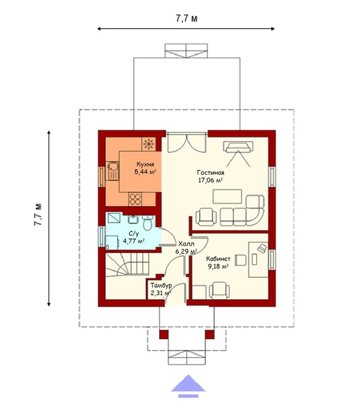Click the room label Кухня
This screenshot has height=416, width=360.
pyautogui.click(x=145, y=164)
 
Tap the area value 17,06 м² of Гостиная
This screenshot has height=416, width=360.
pyautogui.click(x=210, y=181)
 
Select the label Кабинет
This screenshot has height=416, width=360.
pyautogui.click(x=218, y=259)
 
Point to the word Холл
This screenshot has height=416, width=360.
pyautogui.click(x=186, y=244)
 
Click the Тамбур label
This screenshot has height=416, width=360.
pyautogui.click(x=161, y=286)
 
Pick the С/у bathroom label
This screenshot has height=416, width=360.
pyautogui.click(x=134, y=234)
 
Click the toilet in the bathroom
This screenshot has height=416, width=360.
pyautogui.click(x=148, y=223)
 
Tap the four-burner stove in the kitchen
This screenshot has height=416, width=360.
pyautogui.click(x=135, y=199)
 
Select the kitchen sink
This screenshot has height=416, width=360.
pyautogui.click(x=112, y=171)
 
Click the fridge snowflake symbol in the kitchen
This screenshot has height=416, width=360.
pyautogui.click(x=149, y=144)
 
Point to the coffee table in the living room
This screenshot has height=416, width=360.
pyautogui.click(x=227, y=196)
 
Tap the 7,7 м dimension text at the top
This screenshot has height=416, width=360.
pyautogui.click(x=187, y=19)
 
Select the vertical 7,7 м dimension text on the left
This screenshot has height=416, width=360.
pyautogui.click(x=38, y=215)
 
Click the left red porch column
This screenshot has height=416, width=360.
pyautogui.click(x=164, y=334)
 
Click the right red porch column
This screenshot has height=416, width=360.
pyautogui.click(x=209, y=334)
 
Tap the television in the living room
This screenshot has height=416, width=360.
pyautogui.click(x=238, y=146)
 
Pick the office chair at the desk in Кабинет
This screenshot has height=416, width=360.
pyautogui.click(x=240, y=261)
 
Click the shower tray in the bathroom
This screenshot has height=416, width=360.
pyautogui.click(x=114, y=219)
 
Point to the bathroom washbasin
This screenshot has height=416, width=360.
pyautogui.click(x=133, y=220)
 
